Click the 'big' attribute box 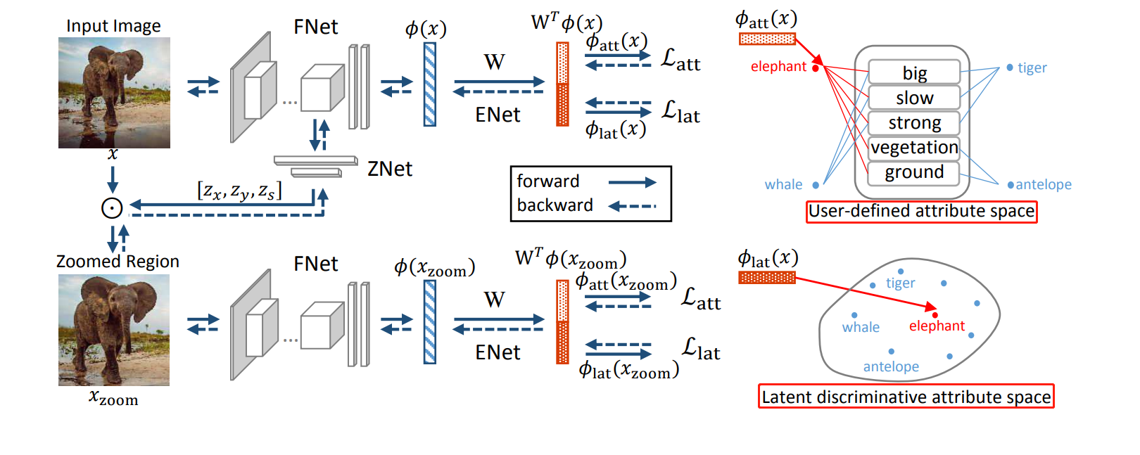click(x=914, y=72)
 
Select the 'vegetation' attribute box click(x=914, y=147)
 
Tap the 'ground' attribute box click(x=914, y=172)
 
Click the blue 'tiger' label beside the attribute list click(x=1032, y=68)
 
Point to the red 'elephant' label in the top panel click(x=778, y=67)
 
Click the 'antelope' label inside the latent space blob click(x=891, y=366)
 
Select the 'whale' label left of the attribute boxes click(x=783, y=184)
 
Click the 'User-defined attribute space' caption click(x=921, y=211)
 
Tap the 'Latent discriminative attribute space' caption click(x=906, y=397)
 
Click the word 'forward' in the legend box click(x=548, y=181)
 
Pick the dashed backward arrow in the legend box click(x=632, y=206)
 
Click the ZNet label click(x=390, y=169)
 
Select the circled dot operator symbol click(x=112, y=208)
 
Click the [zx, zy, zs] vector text click(x=239, y=191)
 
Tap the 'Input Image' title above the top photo click(x=113, y=26)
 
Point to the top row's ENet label click(x=498, y=115)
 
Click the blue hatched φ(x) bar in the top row click(x=430, y=84)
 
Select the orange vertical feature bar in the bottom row click(x=562, y=322)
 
